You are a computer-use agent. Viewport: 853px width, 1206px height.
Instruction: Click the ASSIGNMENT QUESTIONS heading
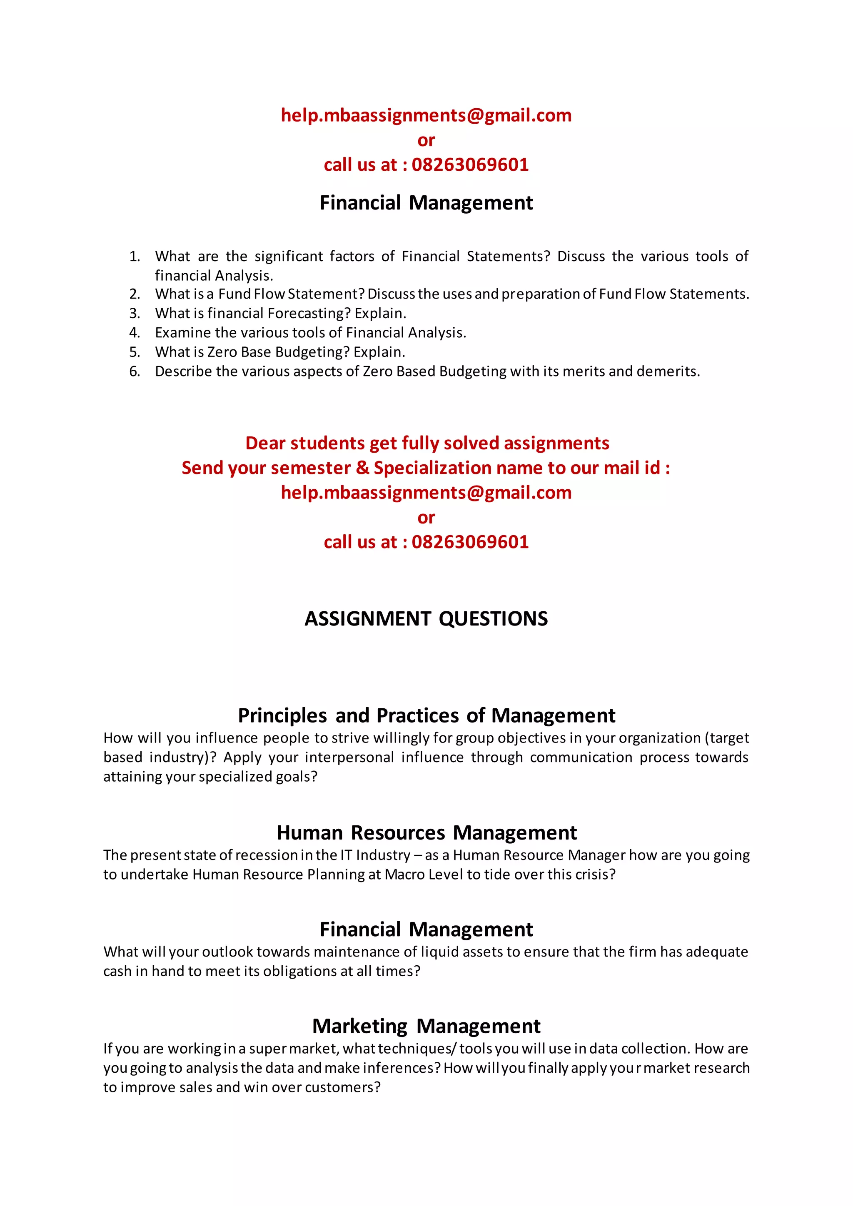coord(426,619)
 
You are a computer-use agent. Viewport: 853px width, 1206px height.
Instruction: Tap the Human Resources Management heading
coord(426,833)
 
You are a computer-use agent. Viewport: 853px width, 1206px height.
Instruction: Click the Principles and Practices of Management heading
coord(426,716)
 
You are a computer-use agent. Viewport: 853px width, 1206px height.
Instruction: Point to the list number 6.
coord(135,372)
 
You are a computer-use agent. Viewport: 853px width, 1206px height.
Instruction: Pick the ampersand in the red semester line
coord(362,468)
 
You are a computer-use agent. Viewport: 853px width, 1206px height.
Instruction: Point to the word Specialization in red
coord(432,468)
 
